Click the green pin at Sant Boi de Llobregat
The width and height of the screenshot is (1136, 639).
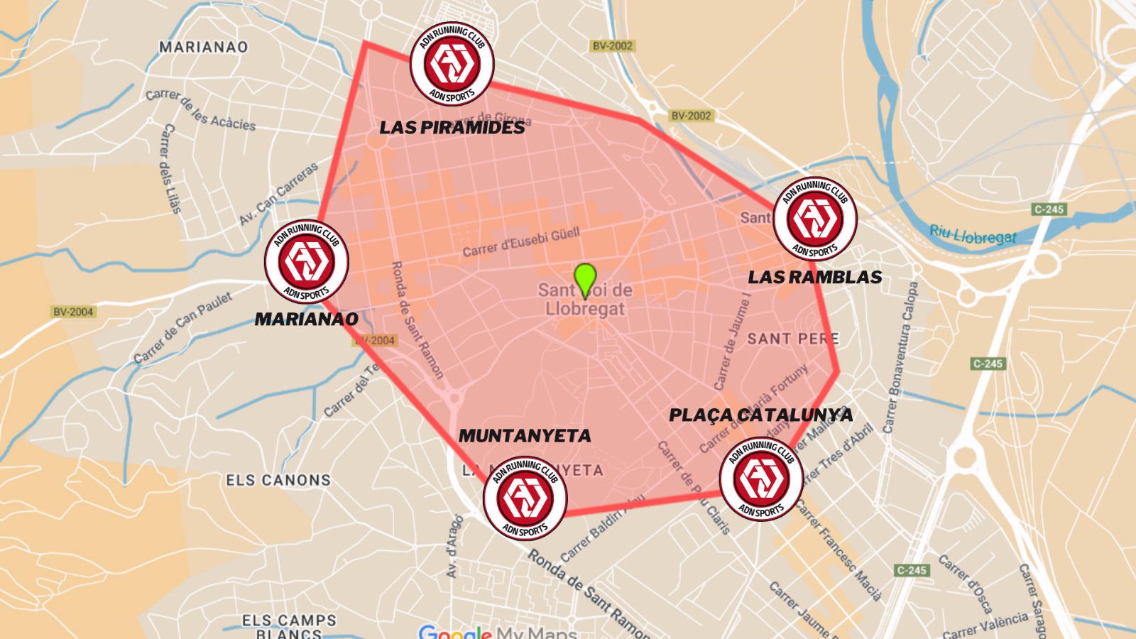584,278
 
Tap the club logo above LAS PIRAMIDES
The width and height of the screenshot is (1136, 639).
452,64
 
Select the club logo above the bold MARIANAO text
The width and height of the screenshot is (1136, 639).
307,261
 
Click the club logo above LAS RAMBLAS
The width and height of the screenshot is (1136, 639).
815,219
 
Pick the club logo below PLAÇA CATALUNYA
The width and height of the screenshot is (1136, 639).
761,479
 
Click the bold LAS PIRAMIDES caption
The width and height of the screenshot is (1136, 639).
452,128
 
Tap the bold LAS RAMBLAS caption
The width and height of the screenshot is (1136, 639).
815,278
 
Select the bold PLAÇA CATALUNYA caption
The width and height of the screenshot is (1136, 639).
761,415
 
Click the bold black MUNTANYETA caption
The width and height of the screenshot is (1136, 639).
525,436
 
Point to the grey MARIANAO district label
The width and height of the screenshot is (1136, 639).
204,48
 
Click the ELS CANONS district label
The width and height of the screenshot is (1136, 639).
278,481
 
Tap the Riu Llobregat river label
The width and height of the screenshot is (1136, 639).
973,235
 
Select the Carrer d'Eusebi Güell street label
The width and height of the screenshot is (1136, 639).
521,242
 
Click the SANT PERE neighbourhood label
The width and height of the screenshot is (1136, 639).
792,339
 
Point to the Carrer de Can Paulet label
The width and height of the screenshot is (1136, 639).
183,327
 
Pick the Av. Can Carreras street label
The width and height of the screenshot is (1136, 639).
279,194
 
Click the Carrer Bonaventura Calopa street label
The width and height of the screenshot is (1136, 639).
900,358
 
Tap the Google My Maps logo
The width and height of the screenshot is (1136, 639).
497,632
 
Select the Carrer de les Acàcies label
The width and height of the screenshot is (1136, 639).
200,110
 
